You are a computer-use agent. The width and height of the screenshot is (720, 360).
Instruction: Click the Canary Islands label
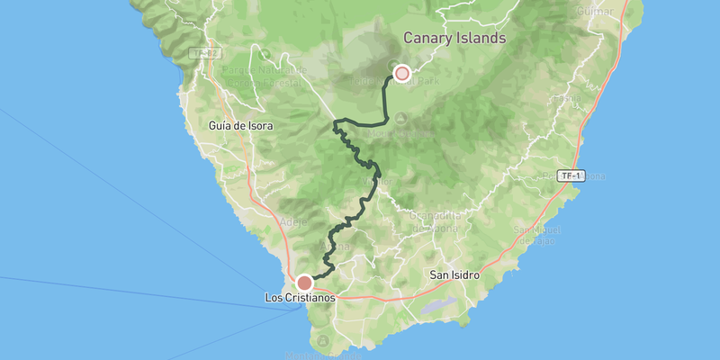454,39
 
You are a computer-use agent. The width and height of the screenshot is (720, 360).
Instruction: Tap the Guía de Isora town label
240,126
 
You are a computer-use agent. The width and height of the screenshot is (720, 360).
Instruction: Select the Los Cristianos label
301,297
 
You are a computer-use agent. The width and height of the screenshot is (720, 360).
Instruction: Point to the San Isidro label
453,274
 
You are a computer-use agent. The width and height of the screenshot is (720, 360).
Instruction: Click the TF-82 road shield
205,54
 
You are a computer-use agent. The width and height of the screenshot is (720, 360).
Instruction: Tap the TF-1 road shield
569,175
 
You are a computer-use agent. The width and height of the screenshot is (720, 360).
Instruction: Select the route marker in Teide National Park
402,73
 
